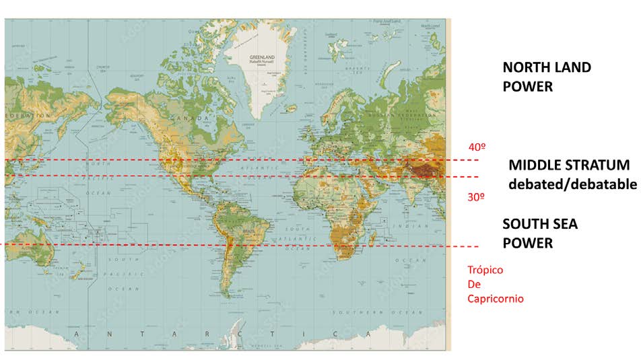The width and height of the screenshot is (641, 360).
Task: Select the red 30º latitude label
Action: click(x=477, y=197)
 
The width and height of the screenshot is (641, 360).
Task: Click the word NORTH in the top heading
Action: click(x=527, y=68)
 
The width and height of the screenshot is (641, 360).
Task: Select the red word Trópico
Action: click(x=485, y=270)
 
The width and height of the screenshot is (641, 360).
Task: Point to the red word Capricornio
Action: click(x=496, y=298)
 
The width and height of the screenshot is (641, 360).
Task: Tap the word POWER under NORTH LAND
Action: click(x=527, y=87)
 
